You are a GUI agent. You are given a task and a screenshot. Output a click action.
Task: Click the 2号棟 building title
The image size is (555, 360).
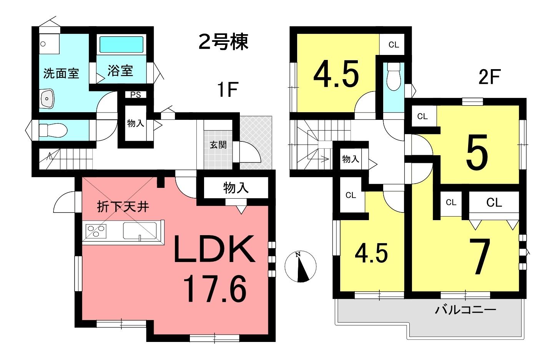(223, 42)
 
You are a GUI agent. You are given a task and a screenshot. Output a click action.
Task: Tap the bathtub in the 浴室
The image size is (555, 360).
(121, 45)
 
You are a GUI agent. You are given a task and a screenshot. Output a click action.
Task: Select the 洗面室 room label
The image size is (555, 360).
(61, 73)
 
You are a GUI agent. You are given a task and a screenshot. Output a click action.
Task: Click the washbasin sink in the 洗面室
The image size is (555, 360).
(47, 99)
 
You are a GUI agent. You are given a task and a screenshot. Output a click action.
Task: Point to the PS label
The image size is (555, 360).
(136, 95)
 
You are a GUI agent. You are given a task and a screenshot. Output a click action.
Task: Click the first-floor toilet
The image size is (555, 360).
(53, 130)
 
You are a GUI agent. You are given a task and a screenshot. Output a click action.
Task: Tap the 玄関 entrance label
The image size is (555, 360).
(218, 145)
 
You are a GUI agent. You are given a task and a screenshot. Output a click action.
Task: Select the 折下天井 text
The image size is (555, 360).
(123, 206)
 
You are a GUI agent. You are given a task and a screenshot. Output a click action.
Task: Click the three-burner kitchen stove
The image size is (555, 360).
(96, 231)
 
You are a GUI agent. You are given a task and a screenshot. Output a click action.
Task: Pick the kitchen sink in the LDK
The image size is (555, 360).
(140, 231)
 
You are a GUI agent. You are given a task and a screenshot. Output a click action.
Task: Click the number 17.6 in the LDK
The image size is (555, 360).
(215, 289)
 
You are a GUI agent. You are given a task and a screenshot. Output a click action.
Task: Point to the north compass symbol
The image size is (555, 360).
(301, 266)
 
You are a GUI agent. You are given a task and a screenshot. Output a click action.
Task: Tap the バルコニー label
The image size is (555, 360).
(466, 310)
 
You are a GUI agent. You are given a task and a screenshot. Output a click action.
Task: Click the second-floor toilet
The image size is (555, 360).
(394, 76)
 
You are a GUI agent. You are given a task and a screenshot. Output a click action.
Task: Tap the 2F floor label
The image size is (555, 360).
(490, 77)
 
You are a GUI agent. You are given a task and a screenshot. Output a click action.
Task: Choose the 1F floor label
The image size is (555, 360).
(228, 90)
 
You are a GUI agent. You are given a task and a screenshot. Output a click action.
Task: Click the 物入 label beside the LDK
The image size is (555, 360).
(236, 188)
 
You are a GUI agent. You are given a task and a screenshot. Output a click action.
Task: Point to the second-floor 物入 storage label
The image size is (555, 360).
(351, 159)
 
